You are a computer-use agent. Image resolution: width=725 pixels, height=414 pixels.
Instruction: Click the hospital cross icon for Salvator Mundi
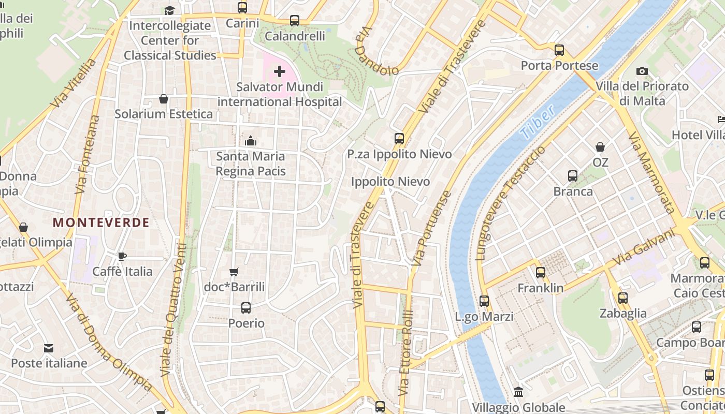280,71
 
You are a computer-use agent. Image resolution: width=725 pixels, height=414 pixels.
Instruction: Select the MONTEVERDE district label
101,223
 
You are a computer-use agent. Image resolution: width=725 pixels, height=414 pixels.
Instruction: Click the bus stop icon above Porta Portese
559,50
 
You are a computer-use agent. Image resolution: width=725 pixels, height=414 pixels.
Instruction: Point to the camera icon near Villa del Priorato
642,71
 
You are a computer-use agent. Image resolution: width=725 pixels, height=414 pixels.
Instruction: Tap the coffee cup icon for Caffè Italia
122,256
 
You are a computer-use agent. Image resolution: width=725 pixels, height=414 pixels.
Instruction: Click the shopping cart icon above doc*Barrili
234,272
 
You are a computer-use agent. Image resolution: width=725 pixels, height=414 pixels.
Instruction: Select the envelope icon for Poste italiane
49,348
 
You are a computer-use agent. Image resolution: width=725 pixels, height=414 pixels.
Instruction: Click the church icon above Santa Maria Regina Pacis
251,140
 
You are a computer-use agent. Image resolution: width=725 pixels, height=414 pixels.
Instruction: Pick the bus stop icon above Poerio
246,308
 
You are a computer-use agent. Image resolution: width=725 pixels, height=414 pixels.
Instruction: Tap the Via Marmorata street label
651,172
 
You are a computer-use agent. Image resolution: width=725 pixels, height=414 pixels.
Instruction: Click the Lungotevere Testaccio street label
510,203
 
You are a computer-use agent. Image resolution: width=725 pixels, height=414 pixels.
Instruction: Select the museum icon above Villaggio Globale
518,392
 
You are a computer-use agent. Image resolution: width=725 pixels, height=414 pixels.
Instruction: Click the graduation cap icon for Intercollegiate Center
169,10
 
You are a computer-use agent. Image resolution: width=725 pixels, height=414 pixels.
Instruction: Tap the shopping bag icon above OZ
600,147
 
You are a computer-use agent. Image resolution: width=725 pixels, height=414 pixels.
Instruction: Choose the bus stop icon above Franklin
541,272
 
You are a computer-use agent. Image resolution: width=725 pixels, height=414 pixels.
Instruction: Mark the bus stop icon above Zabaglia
623,298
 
